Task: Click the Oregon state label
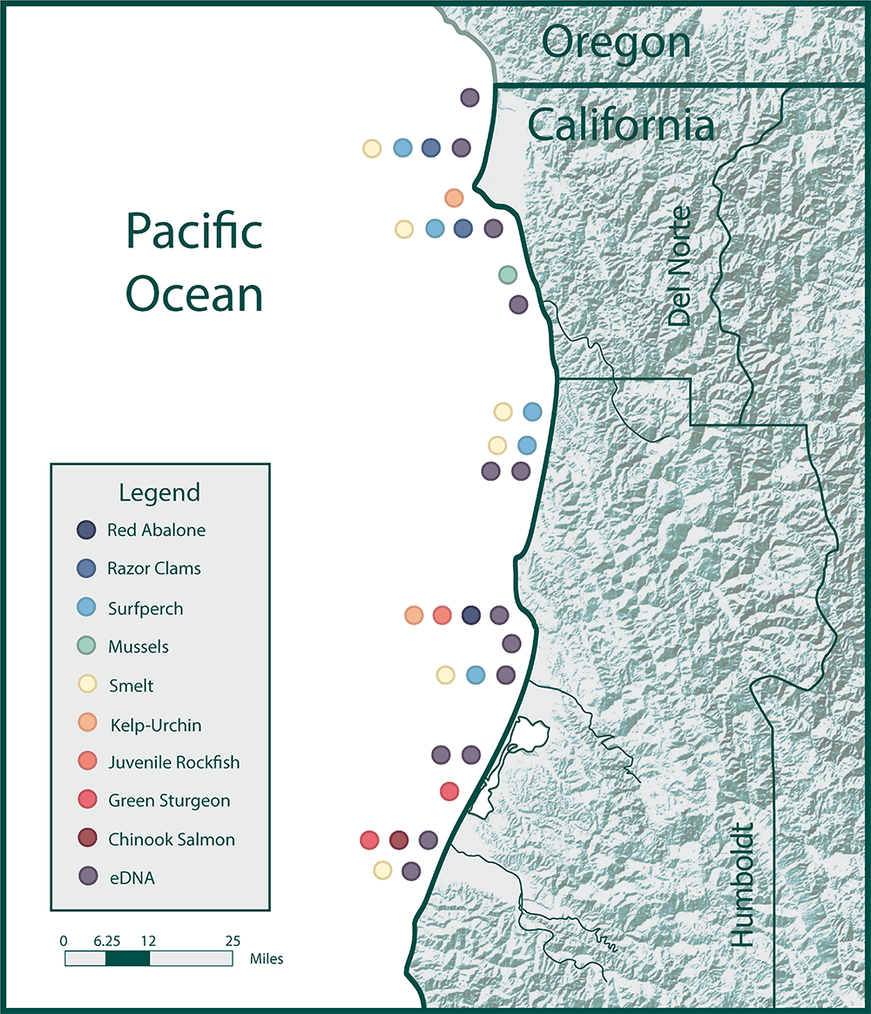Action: pos(616,43)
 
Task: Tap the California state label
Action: pos(621,125)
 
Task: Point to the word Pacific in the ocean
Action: pos(194,233)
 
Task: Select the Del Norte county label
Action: pos(679,267)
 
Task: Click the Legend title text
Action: pos(159,492)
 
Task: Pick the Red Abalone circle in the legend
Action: pos(86,530)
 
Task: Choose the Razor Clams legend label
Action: pos(154,568)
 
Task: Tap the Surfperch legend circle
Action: pos(86,607)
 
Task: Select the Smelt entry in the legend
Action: pos(131,686)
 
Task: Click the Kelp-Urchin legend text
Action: pos(156,725)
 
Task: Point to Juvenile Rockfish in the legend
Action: pos(173,762)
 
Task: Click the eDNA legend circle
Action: pos(86,877)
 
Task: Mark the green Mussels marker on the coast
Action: pos(508,275)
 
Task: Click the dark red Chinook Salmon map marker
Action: pos(399,840)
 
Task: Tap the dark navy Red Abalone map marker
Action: pos(471,615)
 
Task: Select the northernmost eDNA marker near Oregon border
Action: pos(469,98)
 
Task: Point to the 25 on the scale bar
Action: pos(233,941)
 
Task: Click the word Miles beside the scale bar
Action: pos(267,959)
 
